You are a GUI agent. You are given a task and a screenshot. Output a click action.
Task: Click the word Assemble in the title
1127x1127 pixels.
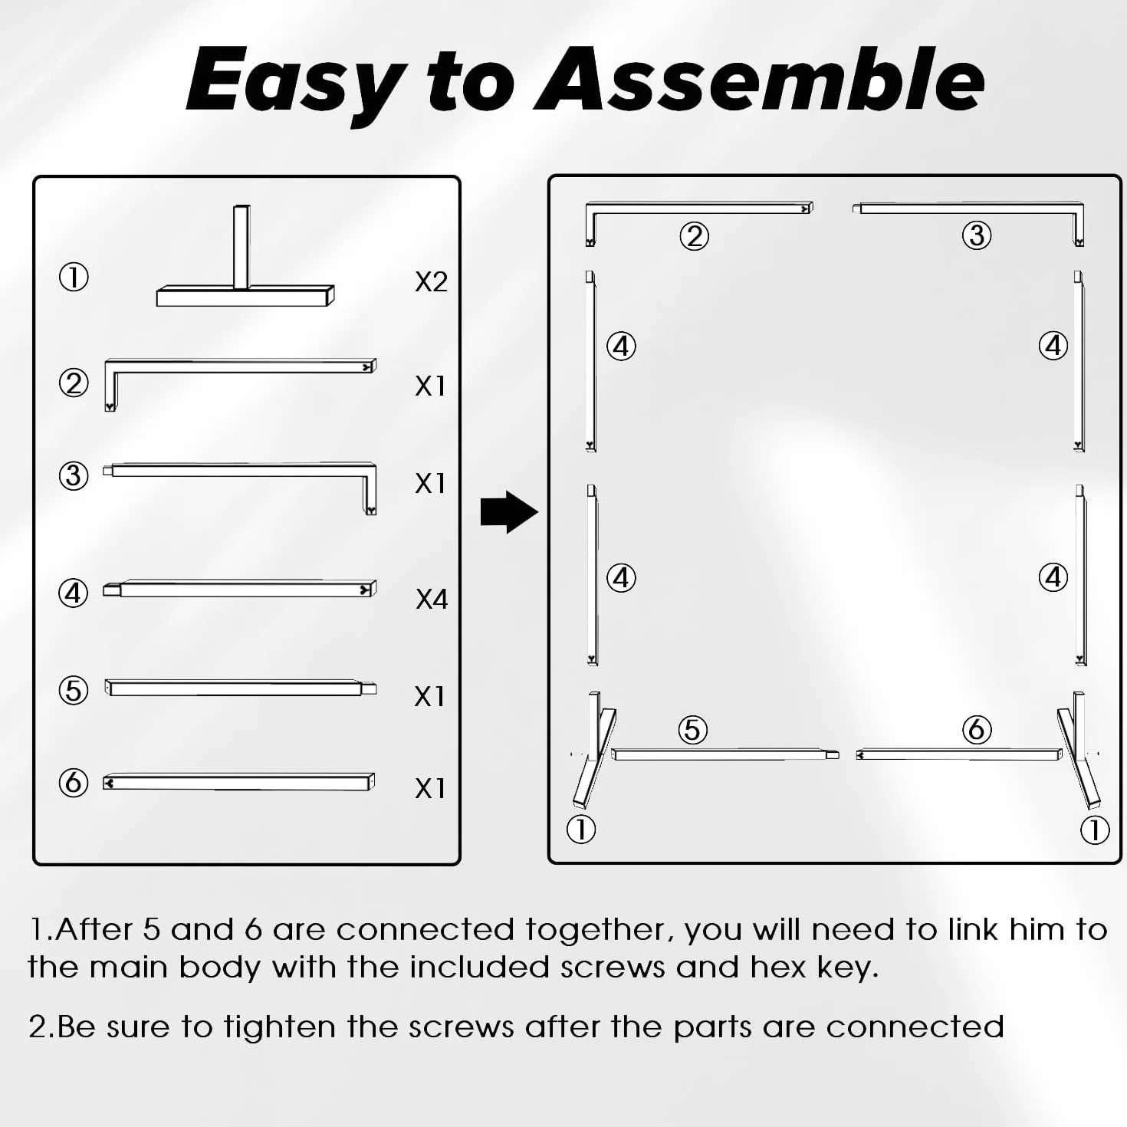pyautogui.click(x=760, y=79)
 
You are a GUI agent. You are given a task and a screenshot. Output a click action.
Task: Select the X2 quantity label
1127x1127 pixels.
pyautogui.click(x=431, y=282)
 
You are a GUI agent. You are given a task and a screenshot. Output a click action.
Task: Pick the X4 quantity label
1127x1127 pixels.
pyautogui.click(x=432, y=599)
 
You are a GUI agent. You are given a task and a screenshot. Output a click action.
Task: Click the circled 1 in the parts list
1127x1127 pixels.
pyautogui.click(x=74, y=277)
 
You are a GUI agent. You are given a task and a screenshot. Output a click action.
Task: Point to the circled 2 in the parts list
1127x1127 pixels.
pyautogui.click(x=74, y=383)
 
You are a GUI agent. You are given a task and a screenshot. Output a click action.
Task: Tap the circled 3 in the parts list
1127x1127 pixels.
pyautogui.click(x=74, y=475)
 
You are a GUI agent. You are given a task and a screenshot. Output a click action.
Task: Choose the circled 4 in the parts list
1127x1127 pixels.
pyautogui.click(x=73, y=593)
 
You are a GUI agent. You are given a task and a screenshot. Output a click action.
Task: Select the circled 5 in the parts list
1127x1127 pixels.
pyautogui.click(x=74, y=690)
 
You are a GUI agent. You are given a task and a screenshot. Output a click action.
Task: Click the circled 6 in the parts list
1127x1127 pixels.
pyautogui.click(x=74, y=783)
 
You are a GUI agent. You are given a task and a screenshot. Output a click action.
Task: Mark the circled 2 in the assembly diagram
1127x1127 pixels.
pyautogui.click(x=694, y=236)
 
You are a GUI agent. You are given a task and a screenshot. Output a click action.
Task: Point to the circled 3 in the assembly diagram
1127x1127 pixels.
pyautogui.click(x=977, y=235)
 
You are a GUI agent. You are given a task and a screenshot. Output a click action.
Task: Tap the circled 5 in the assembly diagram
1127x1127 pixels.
pyautogui.click(x=692, y=730)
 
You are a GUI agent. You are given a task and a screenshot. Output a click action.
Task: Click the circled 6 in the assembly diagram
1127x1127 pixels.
pyautogui.click(x=977, y=729)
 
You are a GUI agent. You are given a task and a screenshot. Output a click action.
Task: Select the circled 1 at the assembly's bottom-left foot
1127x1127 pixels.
pyautogui.click(x=581, y=830)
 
